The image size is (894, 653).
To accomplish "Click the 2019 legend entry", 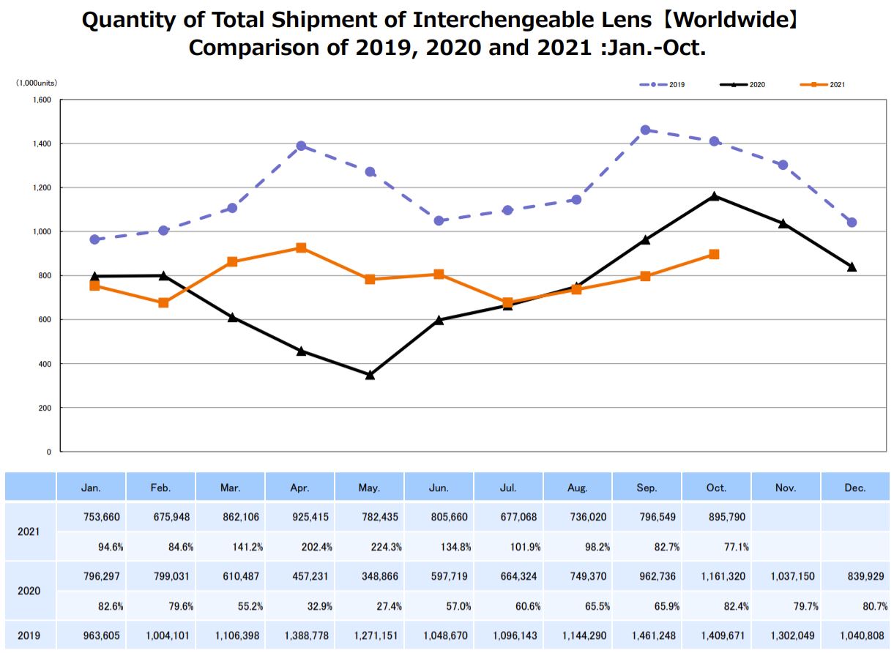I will (x=663, y=85).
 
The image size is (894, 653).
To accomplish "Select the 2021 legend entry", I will (x=824, y=85).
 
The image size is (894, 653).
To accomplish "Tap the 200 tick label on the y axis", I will (x=45, y=408).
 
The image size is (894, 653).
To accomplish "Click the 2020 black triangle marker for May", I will (x=370, y=375).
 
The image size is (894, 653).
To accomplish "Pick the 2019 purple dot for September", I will (x=645, y=130).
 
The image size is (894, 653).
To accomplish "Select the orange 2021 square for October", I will (x=714, y=255).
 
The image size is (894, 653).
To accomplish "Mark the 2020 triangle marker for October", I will (x=714, y=196).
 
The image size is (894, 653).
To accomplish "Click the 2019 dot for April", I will (x=301, y=146).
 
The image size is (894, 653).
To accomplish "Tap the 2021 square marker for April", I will (x=301, y=248).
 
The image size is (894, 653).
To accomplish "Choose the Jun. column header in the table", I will (x=439, y=488).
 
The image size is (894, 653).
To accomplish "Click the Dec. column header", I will (x=854, y=488).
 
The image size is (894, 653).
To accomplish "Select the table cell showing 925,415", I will (x=301, y=517).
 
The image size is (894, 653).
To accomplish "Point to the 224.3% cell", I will (x=370, y=546).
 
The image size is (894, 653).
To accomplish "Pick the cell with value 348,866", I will (x=370, y=576).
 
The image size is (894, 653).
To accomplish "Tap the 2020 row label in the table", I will (x=30, y=591).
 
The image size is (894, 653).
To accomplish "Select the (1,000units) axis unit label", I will (x=37, y=84).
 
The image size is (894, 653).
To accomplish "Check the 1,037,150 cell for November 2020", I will (x=786, y=576).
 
